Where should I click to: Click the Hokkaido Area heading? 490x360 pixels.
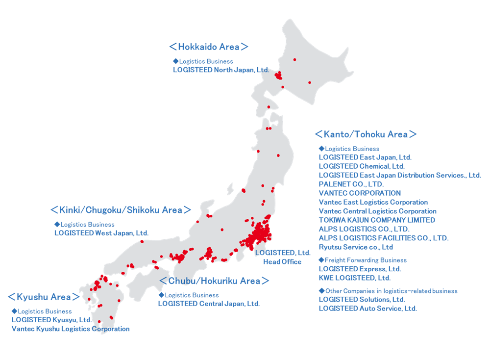pos(208,47)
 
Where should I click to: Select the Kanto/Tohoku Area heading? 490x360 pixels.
pos(365,134)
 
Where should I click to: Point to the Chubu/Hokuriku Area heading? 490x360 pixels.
pos(214,281)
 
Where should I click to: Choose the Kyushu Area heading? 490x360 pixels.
pos(44,297)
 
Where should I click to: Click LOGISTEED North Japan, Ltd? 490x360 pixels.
pos(221,70)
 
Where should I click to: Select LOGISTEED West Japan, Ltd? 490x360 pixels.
pos(101,233)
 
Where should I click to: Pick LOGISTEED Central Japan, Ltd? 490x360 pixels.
pos(209,304)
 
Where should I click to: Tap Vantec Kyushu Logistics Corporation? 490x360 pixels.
pos(71,329)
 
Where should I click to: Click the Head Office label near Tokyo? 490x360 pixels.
pos(282,261)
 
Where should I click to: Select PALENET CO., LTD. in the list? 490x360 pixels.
pos(351,184)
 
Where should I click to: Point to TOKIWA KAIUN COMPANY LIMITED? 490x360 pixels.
pos(377,220)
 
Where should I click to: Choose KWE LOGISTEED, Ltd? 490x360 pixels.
pos(355,278)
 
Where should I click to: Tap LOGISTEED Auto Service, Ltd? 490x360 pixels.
pos(367,309)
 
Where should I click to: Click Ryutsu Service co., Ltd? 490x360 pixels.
pos(356,247)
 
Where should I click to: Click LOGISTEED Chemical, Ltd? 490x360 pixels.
pos(362,166)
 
